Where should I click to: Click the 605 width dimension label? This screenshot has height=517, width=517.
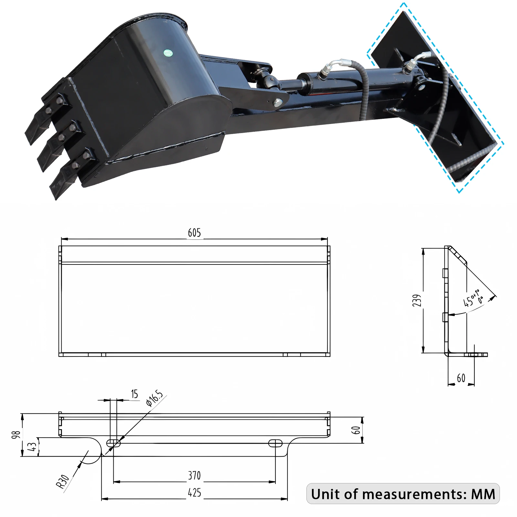tap(194, 233)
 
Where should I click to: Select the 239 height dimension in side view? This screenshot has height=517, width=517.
tap(417, 300)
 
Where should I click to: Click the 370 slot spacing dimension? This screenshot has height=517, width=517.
tap(194, 476)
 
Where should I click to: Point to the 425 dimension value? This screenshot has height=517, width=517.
tap(194, 493)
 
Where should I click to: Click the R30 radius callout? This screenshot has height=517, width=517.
tap(63, 481)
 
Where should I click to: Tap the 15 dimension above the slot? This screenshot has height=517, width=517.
tap(134, 394)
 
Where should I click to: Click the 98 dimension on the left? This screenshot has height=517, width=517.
tap(16, 435)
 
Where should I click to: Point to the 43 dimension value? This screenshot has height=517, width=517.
tap(32, 447)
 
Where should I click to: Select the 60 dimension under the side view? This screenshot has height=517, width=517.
tap(461, 378)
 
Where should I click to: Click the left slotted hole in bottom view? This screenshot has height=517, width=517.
tap(113, 443)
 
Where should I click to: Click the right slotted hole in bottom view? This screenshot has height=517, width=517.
tap(275, 443)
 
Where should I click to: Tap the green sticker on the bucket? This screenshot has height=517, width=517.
tap(168, 53)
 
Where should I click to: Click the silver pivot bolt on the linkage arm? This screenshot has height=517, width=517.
tap(278, 103)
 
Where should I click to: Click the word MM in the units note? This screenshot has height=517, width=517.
tap(483, 494)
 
